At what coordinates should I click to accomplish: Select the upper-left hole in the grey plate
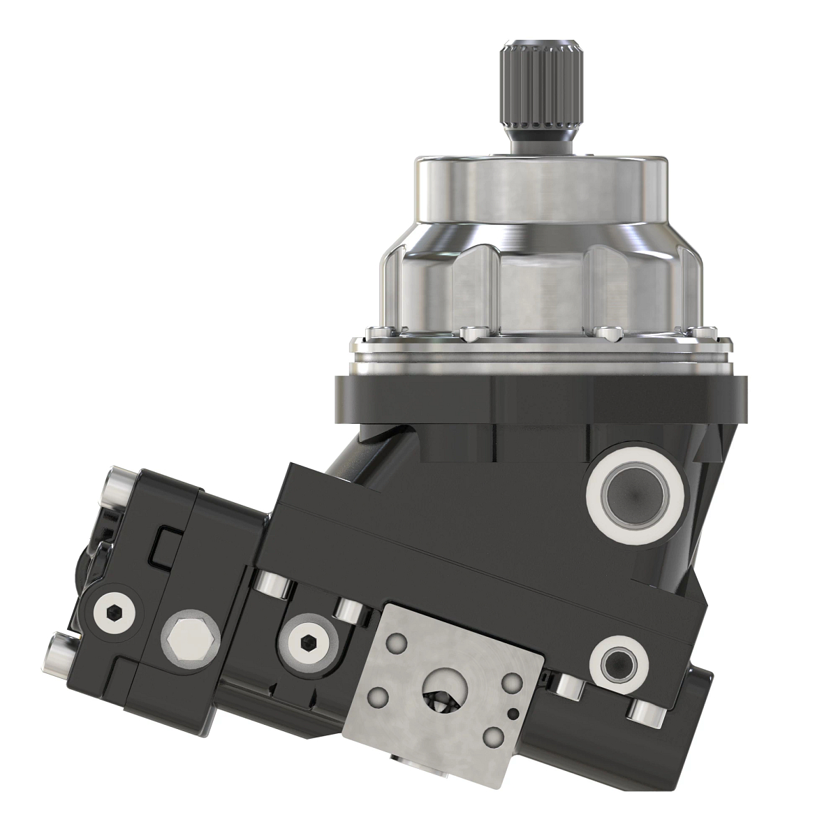[x=397, y=642]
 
